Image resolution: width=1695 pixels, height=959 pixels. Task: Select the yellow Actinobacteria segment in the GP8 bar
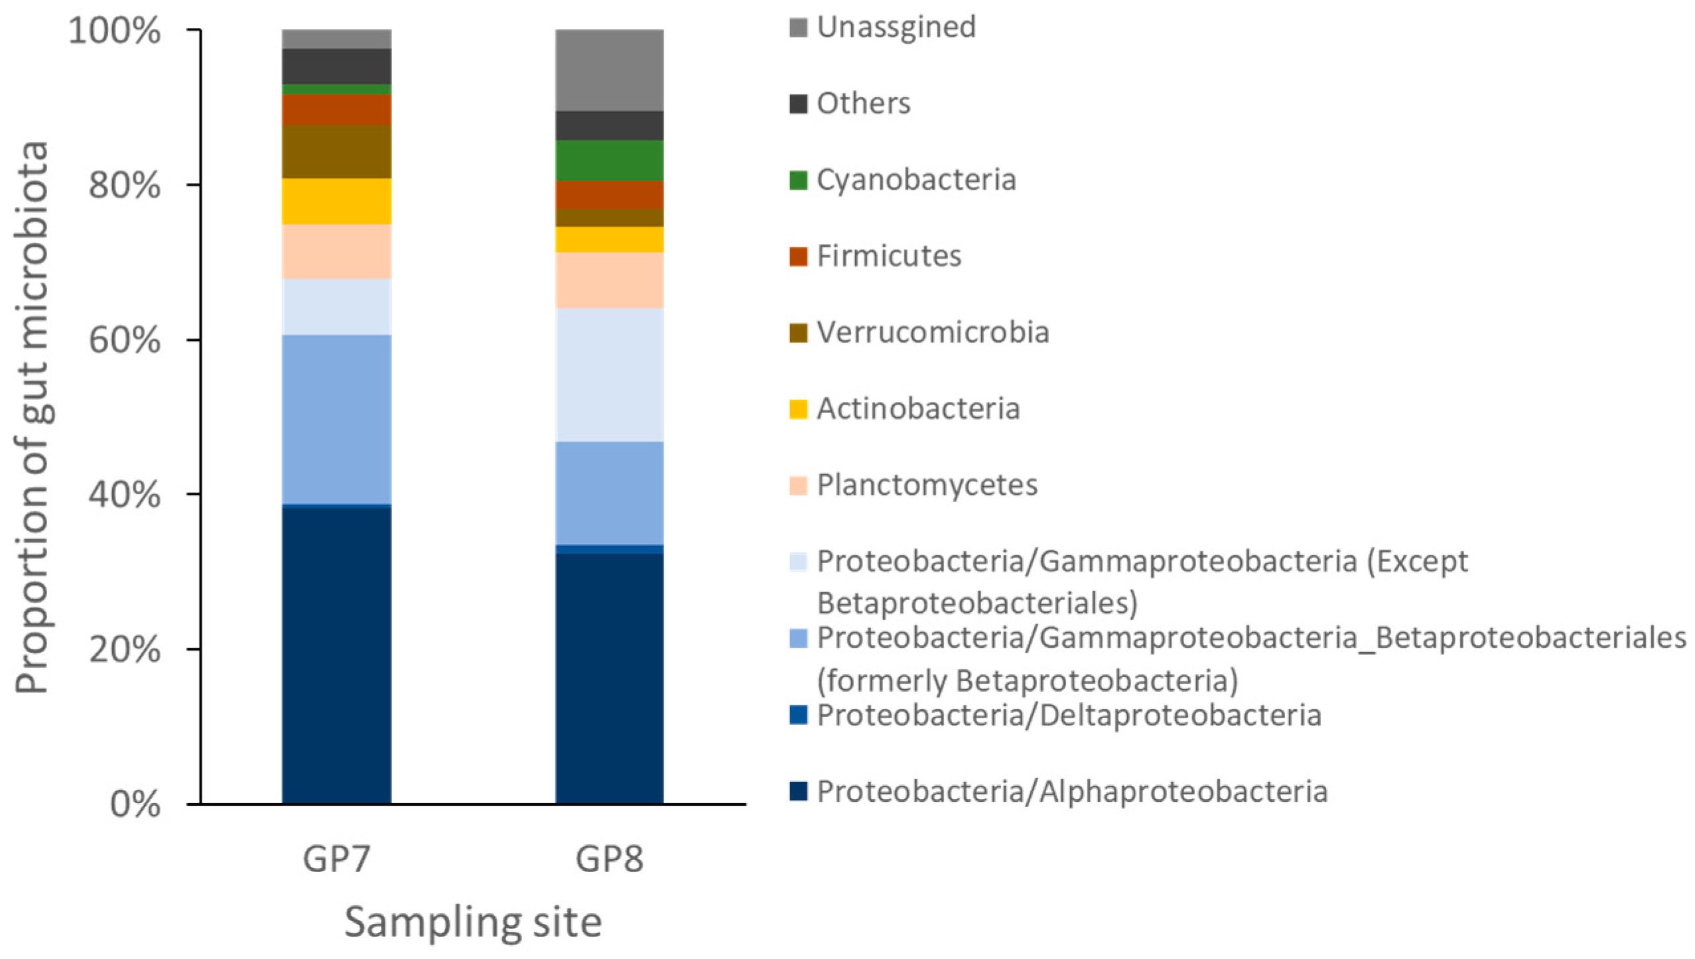609,239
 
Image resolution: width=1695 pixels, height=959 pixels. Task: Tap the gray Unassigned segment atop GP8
609,70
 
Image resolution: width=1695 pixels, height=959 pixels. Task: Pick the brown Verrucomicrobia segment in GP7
336,151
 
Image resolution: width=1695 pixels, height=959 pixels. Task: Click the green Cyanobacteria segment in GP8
609,160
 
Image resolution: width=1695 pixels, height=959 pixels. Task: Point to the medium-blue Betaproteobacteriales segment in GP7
336,419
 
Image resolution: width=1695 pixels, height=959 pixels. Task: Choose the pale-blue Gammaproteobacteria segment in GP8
609,375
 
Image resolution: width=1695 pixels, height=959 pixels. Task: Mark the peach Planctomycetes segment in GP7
336,251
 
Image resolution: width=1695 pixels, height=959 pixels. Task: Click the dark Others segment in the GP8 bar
609,125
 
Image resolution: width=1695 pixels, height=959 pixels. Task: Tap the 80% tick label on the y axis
124,185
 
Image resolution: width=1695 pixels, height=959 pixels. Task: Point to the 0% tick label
135,804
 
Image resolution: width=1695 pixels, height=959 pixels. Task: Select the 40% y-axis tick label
124,494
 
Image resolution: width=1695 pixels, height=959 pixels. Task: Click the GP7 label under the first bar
336,860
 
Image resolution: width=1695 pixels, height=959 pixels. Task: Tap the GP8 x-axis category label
609,860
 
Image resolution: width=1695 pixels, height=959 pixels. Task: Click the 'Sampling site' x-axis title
472,922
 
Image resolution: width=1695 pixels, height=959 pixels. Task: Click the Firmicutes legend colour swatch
798,256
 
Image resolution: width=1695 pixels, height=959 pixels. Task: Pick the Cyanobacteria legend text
915,180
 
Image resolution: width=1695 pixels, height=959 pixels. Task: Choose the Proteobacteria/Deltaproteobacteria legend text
1068,716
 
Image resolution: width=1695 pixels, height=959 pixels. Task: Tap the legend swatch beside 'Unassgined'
798,27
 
